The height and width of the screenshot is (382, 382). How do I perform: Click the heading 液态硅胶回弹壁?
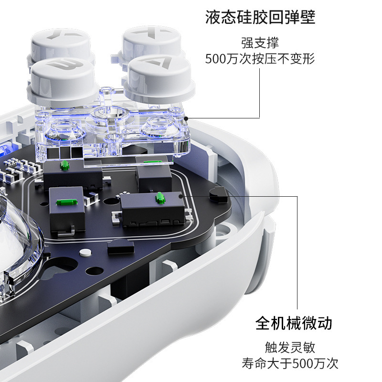[260, 18]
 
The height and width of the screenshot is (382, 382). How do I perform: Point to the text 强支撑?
[260, 43]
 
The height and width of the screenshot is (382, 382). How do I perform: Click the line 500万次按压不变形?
[260, 59]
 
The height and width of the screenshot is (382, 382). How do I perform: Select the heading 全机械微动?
[294, 323]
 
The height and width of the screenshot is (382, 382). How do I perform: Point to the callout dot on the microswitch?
[181, 195]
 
